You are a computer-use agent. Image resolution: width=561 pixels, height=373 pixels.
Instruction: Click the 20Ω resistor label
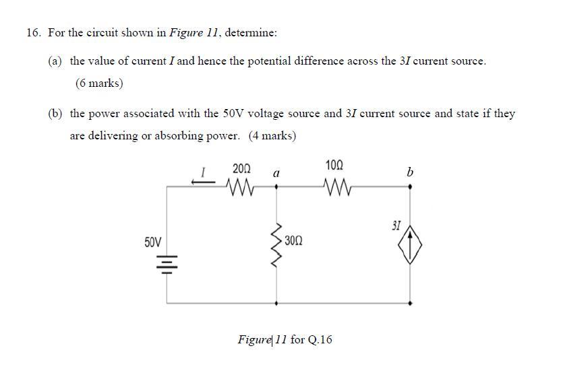pyautogui.click(x=241, y=168)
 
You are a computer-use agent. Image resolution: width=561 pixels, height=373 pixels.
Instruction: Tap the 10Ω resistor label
pyautogui.click(x=334, y=165)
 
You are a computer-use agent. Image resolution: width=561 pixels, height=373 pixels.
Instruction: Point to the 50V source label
pyautogui.click(x=153, y=242)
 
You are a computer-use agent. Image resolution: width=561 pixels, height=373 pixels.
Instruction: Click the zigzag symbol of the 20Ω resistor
pyautogui.click(x=240, y=184)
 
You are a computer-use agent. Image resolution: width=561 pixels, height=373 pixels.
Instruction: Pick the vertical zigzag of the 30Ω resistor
pyautogui.click(x=276, y=241)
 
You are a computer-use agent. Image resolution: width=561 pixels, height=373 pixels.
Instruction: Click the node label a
pyautogui.click(x=276, y=174)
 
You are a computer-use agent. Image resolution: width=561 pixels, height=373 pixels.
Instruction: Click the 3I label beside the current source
pyautogui.click(x=396, y=226)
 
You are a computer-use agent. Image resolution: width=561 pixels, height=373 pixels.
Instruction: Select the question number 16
pyautogui.click(x=33, y=32)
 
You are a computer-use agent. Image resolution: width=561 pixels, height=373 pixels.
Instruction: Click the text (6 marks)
pyautogui.click(x=99, y=83)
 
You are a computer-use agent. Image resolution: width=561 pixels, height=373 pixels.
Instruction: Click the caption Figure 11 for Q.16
pyautogui.click(x=285, y=339)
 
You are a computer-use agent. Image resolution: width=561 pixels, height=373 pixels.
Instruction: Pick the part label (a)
pyautogui.click(x=55, y=61)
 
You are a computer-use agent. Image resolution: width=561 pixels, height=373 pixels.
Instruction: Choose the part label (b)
pyautogui.click(x=55, y=114)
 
